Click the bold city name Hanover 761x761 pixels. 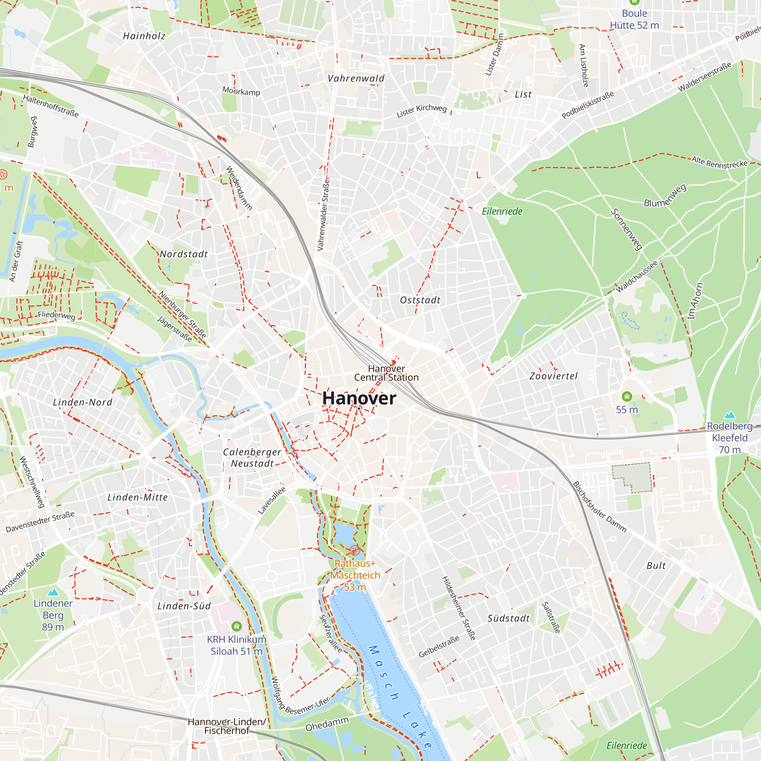[359, 398]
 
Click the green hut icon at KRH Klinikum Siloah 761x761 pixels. [236, 626]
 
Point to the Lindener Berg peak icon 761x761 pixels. [53, 592]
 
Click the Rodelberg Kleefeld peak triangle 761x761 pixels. [730, 415]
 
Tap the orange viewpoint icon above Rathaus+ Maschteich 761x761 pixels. [355, 550]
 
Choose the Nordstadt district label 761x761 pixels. [183, 254]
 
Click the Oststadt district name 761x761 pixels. [420, 300]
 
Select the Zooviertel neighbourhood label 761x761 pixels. [553, 376]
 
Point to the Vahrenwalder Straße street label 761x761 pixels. [323, 215]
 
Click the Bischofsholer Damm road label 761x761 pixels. [599, 507]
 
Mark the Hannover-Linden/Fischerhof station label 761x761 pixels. [227, 726]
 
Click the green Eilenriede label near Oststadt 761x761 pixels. [502, 212]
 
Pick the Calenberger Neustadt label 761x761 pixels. [252, 458]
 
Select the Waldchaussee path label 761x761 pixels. [637, 276]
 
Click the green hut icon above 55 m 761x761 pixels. [627, 396]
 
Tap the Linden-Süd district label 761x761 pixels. [184, 606]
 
